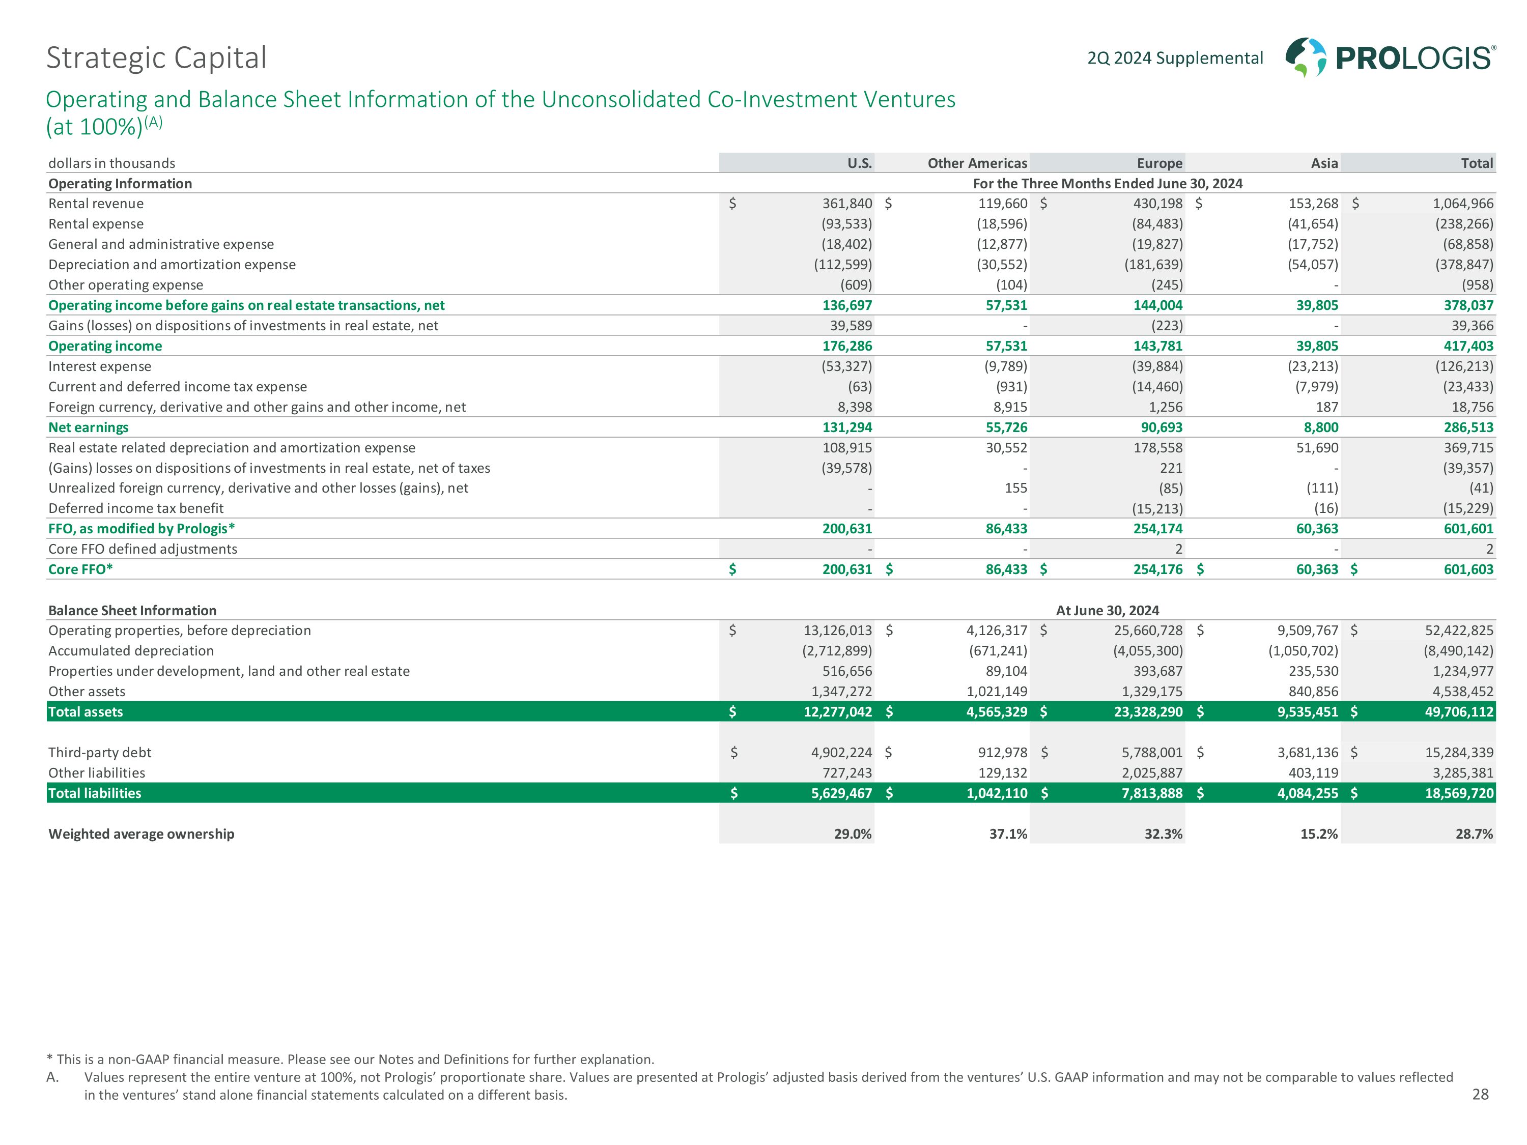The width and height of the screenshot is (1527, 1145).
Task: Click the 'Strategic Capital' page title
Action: tap(156, 58)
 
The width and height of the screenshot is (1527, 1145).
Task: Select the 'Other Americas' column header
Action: tap(977, 163)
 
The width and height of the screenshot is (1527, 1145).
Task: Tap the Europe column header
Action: tap(1159, 163)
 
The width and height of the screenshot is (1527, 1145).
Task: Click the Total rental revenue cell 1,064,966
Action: tap(1463, 204)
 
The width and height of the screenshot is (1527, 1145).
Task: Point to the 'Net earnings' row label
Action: tap(89, 427)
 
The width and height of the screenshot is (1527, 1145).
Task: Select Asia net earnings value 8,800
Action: tap(1320, 427)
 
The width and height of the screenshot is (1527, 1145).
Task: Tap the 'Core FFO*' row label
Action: tap(80, 569)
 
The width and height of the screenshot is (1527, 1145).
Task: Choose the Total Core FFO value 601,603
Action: tap(1468, 569)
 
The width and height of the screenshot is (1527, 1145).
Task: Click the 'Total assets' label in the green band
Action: tap(86, 711)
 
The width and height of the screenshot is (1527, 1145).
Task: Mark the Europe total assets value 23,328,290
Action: tap(1148, 711)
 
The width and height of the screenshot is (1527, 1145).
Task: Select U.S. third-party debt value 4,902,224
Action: tap(841, 752)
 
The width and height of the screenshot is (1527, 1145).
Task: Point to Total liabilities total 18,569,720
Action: tap(1459, 793)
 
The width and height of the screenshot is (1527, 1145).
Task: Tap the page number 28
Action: tap(1480, 1094)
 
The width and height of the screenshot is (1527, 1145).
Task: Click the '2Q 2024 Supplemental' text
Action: tap(1175, 58)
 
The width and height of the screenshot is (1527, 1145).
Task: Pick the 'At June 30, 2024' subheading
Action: tap(1107, 610)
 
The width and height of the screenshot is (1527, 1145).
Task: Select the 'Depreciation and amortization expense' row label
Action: tap(172, 264)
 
